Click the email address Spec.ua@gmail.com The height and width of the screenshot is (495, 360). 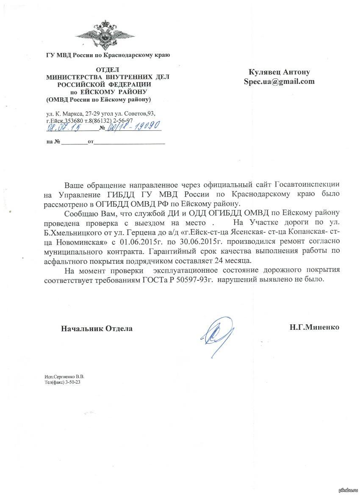pyautogui.click(x=279, y=81)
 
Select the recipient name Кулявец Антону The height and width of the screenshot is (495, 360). pyautogui.click(x=279, y=72)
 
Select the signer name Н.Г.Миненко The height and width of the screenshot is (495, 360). pyautogui.click(x=314, y=327)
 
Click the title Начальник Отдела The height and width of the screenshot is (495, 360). pyautogui.click(x=97, y=328)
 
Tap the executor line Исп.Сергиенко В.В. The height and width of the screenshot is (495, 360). pyautogui.click(x=64, y=376)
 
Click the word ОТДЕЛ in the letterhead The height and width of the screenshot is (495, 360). pyautogui.click(x=108, y=69)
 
